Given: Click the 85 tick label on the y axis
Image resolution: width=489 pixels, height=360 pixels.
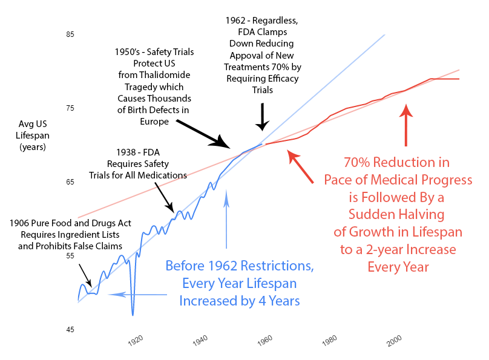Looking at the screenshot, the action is [x=70, y=34].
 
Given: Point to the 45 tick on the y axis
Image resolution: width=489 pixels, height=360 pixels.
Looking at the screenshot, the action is [x=70, y=330].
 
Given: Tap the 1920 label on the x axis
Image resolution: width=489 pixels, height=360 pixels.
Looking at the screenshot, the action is [x=136, y=341].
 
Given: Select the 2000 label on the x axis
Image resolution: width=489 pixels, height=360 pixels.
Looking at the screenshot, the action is [x=394, y=341].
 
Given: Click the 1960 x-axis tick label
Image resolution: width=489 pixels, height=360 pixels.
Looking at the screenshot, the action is [x=265, y=341].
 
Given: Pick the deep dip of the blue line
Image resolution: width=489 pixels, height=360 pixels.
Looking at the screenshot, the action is [x=133, y=314].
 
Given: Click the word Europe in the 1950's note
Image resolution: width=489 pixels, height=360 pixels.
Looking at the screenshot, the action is [x=154, y=122].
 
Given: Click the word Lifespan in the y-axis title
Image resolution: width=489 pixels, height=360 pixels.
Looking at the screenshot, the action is [x=33, y=136].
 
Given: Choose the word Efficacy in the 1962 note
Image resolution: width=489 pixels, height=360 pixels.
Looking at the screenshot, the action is [x=284, y=79].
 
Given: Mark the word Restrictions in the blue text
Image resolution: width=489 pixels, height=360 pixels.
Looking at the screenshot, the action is [x=277, y=266].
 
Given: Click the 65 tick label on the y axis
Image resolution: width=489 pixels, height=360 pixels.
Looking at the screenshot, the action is [x=70, y=182].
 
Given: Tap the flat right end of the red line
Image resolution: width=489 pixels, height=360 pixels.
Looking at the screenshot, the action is [x=459, y=79].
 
